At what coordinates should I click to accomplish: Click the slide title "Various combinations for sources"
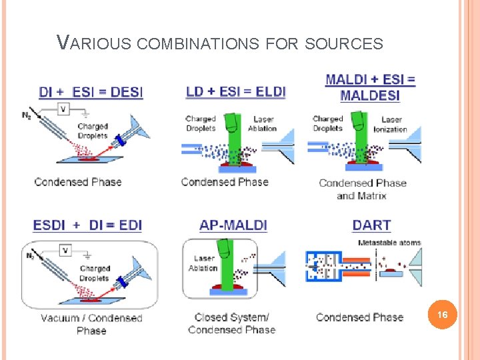[x=220, y=44]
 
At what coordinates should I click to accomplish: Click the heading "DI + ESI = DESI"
[x=91, y=92]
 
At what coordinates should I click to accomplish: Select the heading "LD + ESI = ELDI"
[x=235, y=91]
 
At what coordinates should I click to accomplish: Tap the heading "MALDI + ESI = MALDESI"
[x=371, y=87]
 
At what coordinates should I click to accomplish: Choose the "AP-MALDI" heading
[x=233, y=225]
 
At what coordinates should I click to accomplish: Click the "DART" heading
[x=371, y=225]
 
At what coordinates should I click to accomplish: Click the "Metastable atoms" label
[x=389, y=243]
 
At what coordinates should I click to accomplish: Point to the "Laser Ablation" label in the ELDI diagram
[x=262, y=124]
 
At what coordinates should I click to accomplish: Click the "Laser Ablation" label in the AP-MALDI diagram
[x=203, y=263]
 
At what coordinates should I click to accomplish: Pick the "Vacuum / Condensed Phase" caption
[x=91, y=324]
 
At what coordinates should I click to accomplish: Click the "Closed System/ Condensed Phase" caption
[x=232, y=323]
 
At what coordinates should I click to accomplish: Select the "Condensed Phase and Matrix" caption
[x=363, y=189]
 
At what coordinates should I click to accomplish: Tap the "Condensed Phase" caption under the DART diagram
[x=359, y=317]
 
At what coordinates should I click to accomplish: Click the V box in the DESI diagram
[x=64, y=109]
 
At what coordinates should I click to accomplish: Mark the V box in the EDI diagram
[x=65, y=251]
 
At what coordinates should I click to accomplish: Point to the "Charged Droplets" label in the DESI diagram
[x=93, y=131]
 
